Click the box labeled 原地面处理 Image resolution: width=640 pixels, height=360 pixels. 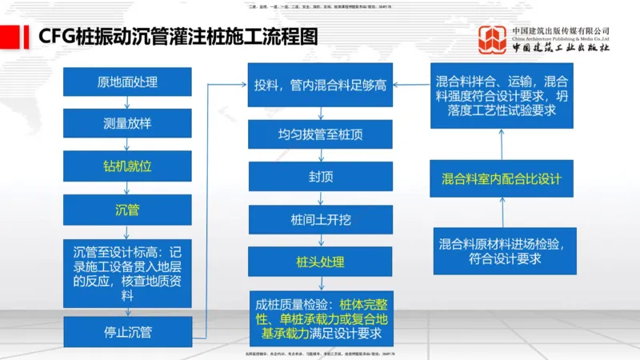tap(128, 82)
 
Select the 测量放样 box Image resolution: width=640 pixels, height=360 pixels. tap(128, 124)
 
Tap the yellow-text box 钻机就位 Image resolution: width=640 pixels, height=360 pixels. tap(128, 166)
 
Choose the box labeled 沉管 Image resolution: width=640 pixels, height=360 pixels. tap(128, 210)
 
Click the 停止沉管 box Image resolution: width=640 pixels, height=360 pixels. tap(128, 331)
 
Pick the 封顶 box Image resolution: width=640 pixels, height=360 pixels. tap(320, 176)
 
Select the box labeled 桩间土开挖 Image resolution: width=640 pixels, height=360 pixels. tap(320, 218)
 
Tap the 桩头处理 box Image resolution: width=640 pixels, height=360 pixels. tap(320, 262)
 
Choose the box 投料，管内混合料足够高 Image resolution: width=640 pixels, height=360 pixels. tap(320, 85)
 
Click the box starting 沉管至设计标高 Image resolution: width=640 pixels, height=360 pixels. tap(128, 272)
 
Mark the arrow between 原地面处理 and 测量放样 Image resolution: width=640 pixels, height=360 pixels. tap(128, 103)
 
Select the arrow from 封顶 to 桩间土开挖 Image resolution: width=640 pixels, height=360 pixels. tap(320, 198)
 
